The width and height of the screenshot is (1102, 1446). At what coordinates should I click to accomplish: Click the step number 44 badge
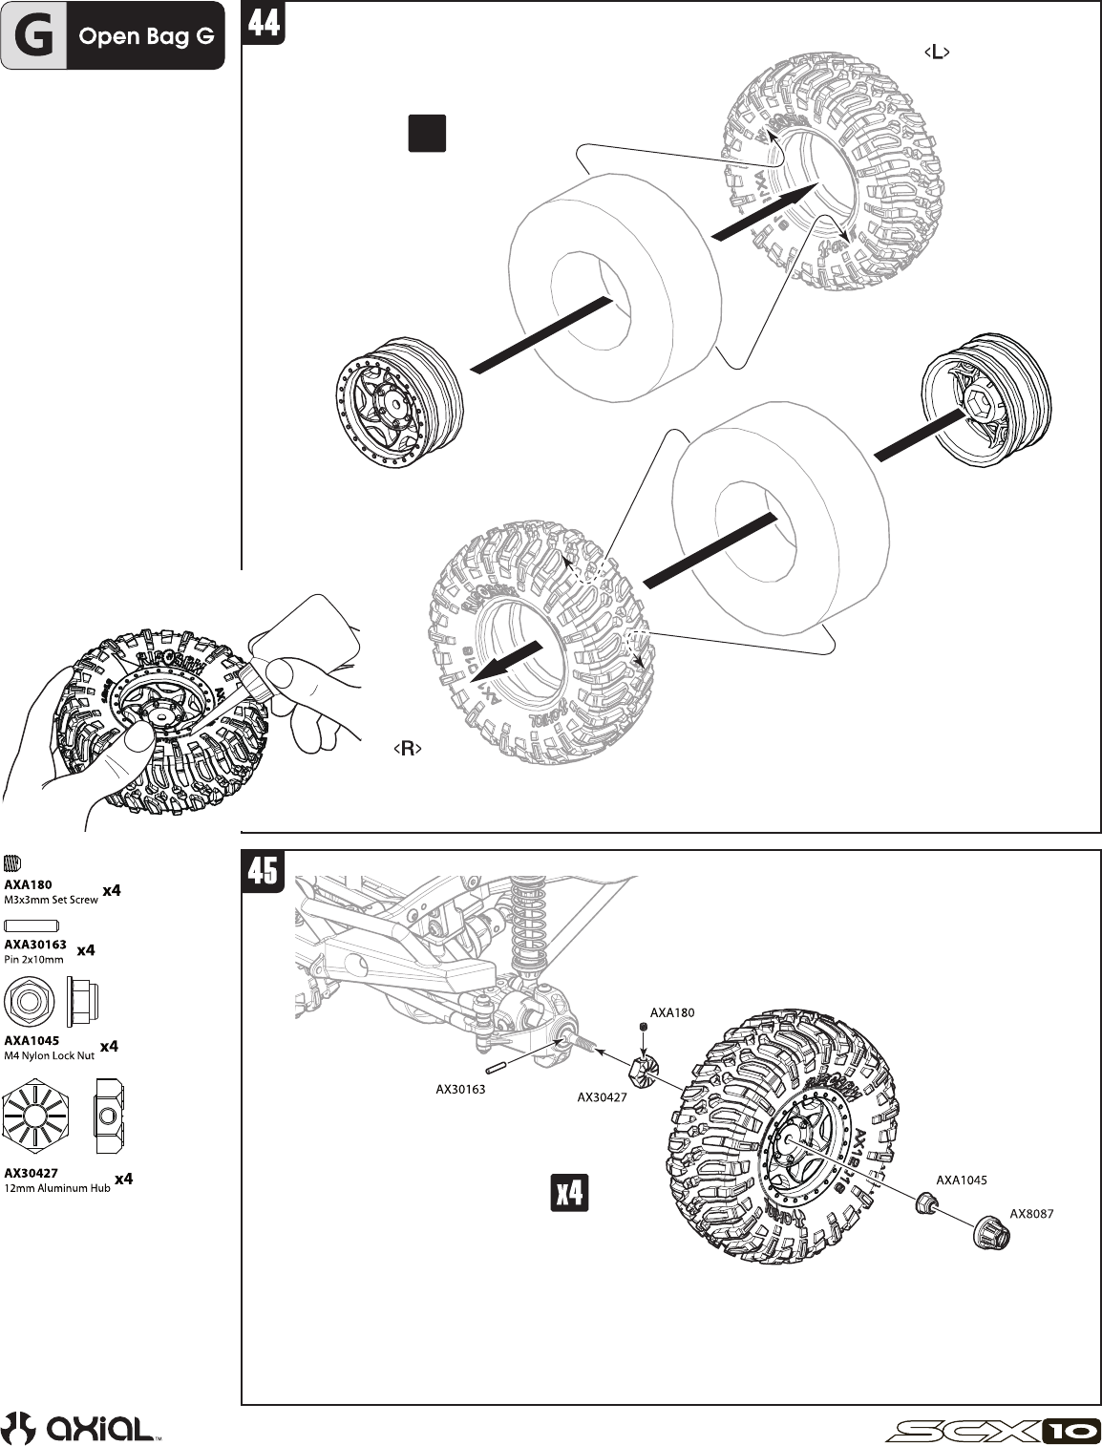(x=265, y=21)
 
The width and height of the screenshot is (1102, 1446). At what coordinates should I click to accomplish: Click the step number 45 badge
(x=264, y=871)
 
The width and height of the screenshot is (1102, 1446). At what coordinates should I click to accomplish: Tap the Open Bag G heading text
(x=146, y=37)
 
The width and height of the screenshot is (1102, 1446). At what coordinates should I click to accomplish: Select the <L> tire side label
(x=937, y=53)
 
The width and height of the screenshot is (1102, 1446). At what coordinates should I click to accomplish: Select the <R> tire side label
(x=408, y=749)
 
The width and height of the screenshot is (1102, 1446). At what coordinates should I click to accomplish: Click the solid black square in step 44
(x=427, y=133)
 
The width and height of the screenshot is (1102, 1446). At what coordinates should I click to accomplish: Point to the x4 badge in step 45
(x=570, y=1193)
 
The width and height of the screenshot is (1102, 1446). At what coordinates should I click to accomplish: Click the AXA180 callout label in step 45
(x=672, y=1012)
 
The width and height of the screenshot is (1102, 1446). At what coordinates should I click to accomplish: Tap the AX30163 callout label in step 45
(x=460, y=1088)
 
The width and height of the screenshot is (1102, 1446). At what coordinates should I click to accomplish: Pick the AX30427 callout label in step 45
(x=602, y=1097)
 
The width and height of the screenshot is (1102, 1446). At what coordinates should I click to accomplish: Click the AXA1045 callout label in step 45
(x=962, y=1180)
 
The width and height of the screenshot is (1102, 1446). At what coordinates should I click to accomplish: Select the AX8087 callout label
(x=1032, y=1213)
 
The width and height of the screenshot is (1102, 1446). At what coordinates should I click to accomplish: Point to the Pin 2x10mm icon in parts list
(x=32, y=925)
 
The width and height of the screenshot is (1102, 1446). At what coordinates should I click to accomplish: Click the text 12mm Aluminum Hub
(x=57, y=1188)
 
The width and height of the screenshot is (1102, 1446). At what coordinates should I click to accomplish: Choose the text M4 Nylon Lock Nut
(x=50, y=1055)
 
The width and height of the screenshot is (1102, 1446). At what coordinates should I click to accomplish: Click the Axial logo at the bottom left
(x=81, y=1428)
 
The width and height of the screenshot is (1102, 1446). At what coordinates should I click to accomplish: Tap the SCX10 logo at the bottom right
(x=993, y=1430)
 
